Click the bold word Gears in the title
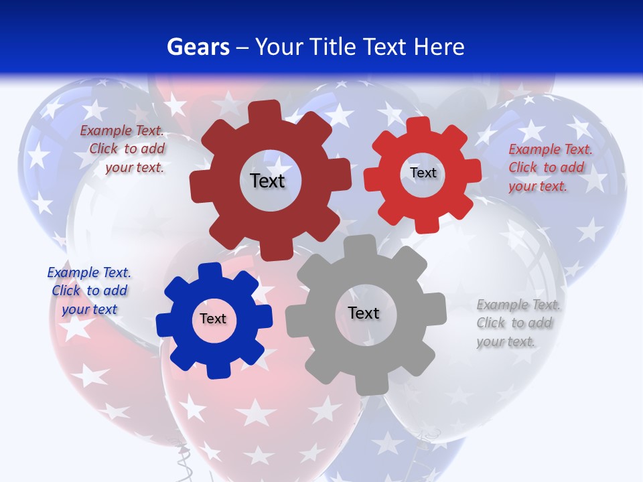[198, 47]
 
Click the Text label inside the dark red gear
[267, 181]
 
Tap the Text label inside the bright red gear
[423, 173]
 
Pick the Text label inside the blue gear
[213, 319]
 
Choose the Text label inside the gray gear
[364, 313]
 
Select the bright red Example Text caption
[549, 167]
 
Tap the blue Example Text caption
[89, 291]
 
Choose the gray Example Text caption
[517, 323]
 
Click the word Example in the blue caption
[73, 272]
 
